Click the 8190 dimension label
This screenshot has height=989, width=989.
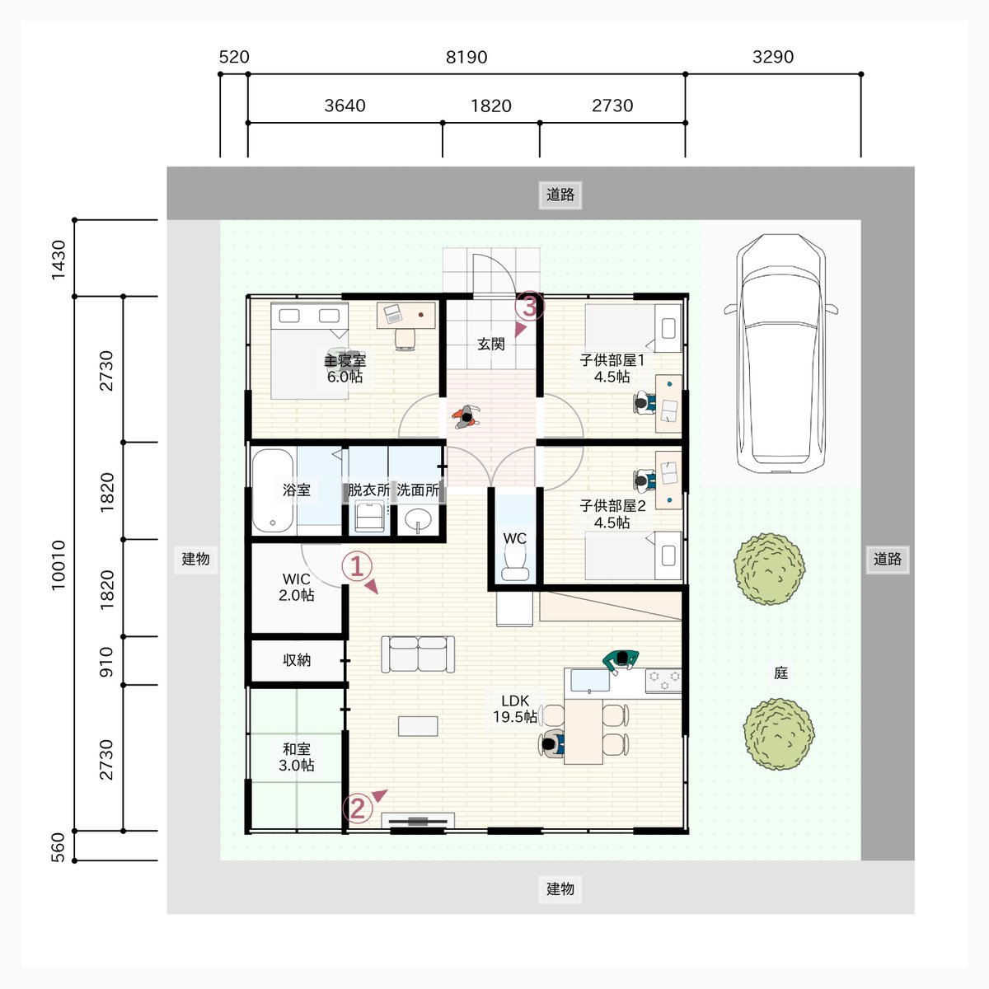tap(466, 57)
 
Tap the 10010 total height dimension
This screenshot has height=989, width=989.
tap(59, 565)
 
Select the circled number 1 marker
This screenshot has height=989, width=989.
tap(357, 567)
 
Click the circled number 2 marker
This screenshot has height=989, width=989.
tap(357, 809)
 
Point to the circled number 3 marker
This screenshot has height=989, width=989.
tap(530, 306)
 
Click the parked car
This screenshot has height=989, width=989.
tap(780, 354)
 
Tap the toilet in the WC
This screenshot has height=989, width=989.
tap(515, 561)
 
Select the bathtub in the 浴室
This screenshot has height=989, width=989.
tap(273, 490)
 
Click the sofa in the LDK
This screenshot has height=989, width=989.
tap(418, 654)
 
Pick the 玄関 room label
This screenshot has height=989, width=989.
tap(491, 344)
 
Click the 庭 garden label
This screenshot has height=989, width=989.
tap(780, 673)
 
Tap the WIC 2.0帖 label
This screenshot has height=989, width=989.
tap(296, 587)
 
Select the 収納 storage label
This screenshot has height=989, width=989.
tap(297, 660)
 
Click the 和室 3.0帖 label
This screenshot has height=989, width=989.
tap(296, 757)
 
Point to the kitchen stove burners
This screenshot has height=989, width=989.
tap(663, 680)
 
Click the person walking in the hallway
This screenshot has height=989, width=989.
tap(466, 416)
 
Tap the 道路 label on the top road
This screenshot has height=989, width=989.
tap(560, 195)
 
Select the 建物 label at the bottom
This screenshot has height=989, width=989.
tap(560, 888)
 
